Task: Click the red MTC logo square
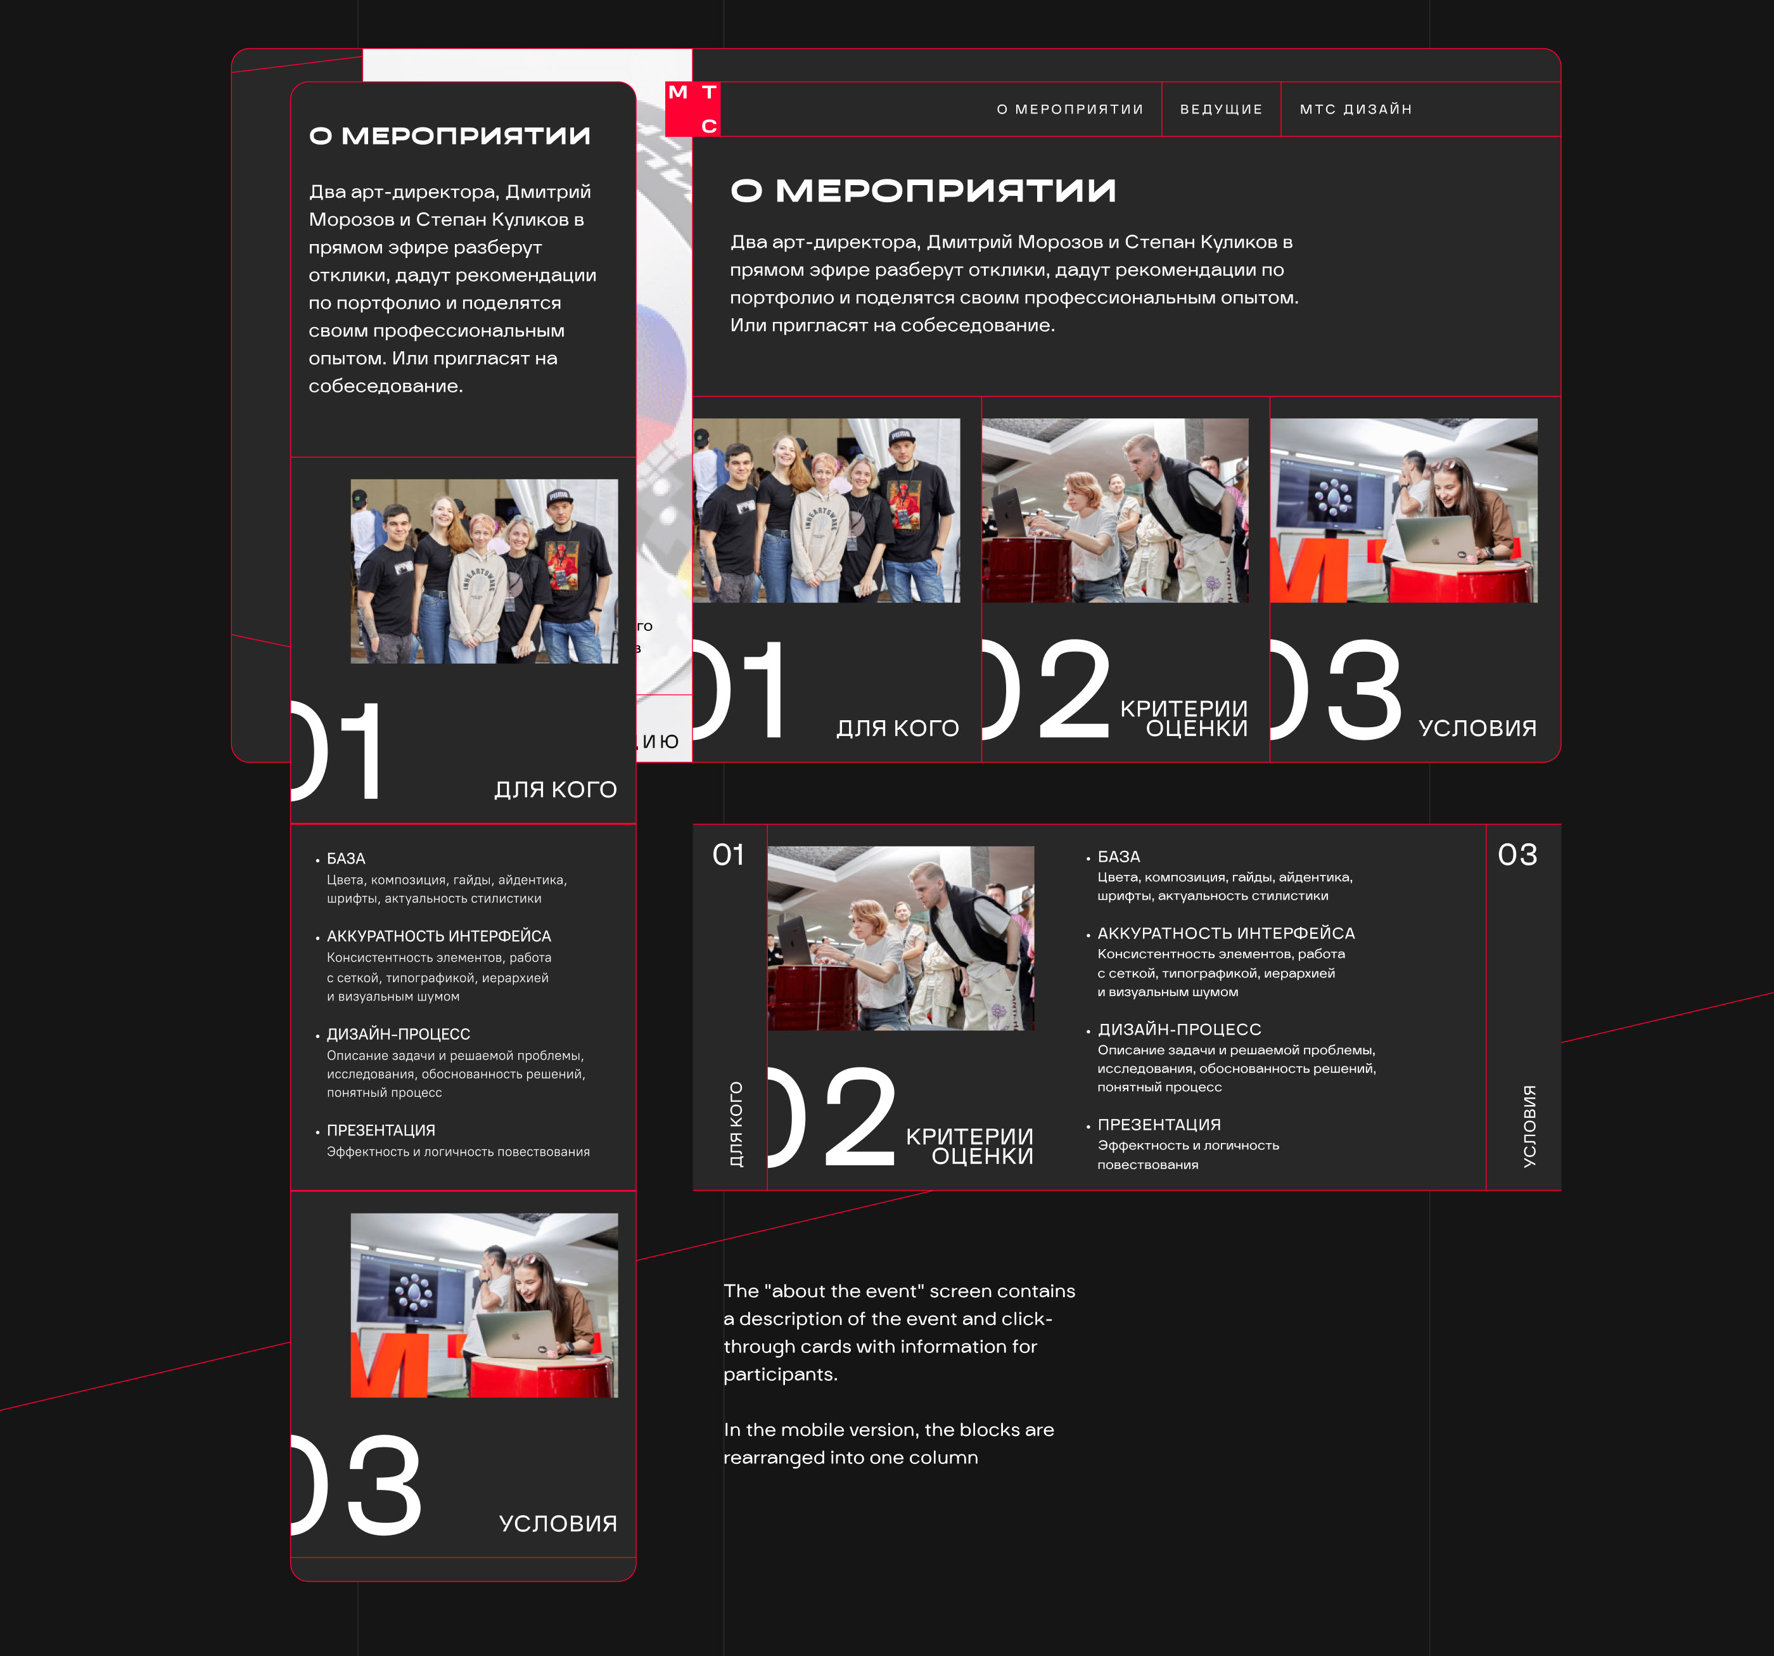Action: click(x=692, y=109)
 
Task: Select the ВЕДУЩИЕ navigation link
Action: click(x=1221, y=109)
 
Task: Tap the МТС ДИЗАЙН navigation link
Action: click(x=1355, y=109)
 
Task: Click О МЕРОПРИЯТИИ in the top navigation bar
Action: click(x=1070, y=109)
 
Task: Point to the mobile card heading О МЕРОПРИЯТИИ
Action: click(x=450, y=136)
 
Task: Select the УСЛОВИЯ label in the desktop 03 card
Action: click(x=1477, y=728)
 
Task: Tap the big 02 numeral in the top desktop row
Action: click(x=1046, y=689)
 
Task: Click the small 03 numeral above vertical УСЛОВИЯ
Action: click(x=1517, y=855)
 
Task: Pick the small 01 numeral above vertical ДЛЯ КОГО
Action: click(x=728, y=855)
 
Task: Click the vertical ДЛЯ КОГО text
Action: click(x=736, y=1124)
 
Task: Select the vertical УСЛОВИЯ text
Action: click(x=1529, y=1126)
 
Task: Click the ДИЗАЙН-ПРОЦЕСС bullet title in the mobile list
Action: click(x=398, y=1034)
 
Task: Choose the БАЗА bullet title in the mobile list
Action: click(x=346, y=859)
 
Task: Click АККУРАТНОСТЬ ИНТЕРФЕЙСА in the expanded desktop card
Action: click(x=1226, y=933)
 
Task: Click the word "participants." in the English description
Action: click(x=781, y=1375)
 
